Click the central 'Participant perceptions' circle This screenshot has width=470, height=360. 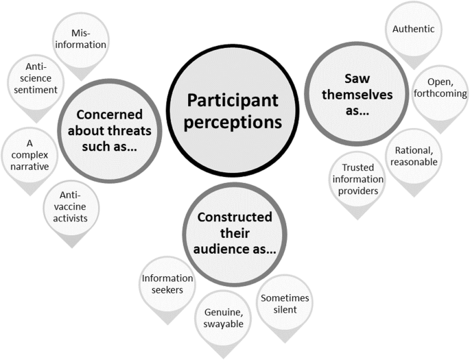[x=233, y=111]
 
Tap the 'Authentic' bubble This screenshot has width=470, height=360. [x=414, y=29]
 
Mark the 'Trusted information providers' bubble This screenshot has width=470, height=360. [x=356, y=179]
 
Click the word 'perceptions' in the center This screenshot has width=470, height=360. [x=233, y=123]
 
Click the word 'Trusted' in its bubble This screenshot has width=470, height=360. [x=356, y=168]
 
